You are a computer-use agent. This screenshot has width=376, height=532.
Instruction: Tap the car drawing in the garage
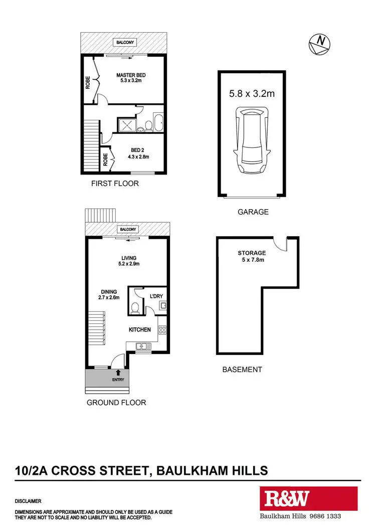252,141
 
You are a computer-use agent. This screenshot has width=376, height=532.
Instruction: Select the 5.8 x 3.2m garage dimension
252,93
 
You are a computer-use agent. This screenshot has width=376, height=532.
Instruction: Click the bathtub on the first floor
157,123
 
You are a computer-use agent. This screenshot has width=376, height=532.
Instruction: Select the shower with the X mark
126,124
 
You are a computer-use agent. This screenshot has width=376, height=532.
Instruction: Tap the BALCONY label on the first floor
124,43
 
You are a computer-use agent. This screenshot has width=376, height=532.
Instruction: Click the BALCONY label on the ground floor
127,229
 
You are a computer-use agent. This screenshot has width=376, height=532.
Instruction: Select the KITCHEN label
140,329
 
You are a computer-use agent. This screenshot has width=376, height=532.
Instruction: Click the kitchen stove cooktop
162,329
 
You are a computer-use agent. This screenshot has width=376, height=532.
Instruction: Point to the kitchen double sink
142,345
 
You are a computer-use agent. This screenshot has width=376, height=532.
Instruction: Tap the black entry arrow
118,372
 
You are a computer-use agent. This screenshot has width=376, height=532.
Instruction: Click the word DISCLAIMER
28,501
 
